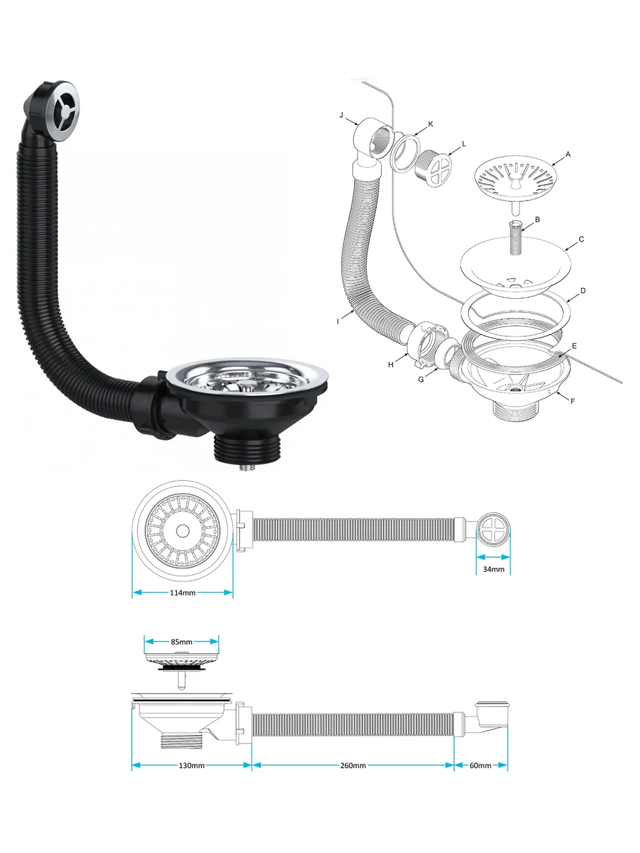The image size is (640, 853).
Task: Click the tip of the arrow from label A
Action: click(552, 166)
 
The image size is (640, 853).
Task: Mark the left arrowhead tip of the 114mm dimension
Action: click(132, 593)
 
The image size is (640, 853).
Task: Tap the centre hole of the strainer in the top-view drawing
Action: click(182, 531)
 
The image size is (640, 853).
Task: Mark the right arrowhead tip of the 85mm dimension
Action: click(218, 641)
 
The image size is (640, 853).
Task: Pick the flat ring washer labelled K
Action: click(405, 153)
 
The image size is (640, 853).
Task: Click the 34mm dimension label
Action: click(494, 569)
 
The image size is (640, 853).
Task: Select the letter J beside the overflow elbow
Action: click(342, 115)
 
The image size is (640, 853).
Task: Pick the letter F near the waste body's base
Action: click(572, 401)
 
